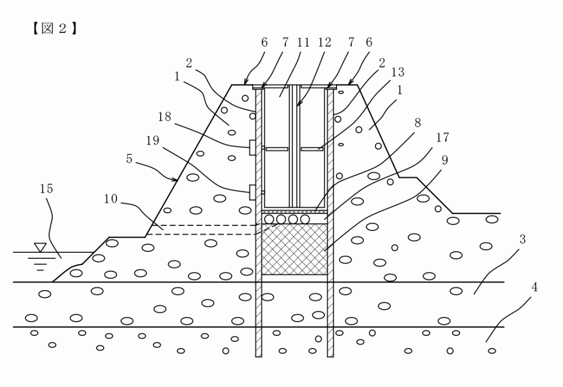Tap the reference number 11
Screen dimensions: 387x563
(303, 42)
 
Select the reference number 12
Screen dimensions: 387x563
(324, 42)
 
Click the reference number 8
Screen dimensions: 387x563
(418, 123)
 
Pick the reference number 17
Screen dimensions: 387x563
(443, 138)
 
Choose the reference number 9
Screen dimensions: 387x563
(445, 160)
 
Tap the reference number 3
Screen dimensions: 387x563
(522, 239)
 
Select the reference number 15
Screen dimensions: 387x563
(47, 189)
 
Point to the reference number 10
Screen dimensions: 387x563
(111, 198)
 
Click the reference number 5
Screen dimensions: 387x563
(129, 158)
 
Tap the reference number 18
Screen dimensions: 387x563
(164, 117)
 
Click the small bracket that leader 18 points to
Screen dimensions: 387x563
(252, 147)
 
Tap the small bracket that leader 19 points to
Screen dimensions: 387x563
(252, 192)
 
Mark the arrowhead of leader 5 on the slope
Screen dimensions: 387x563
(176, 179)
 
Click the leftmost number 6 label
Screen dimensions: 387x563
(264, 42)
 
